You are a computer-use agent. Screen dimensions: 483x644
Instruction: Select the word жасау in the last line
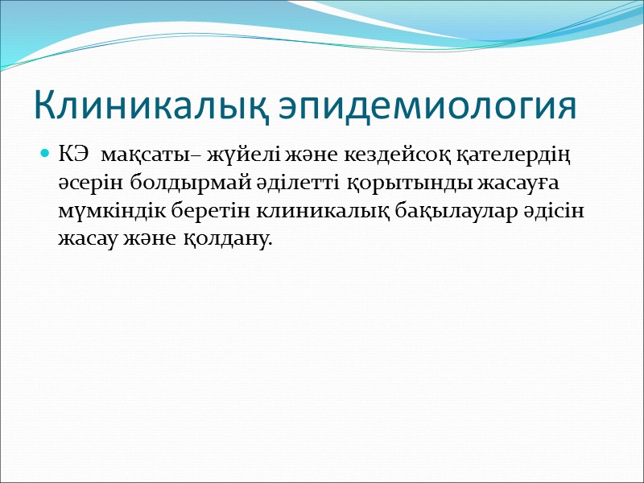pyautogui.click(x=85, y=240)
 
